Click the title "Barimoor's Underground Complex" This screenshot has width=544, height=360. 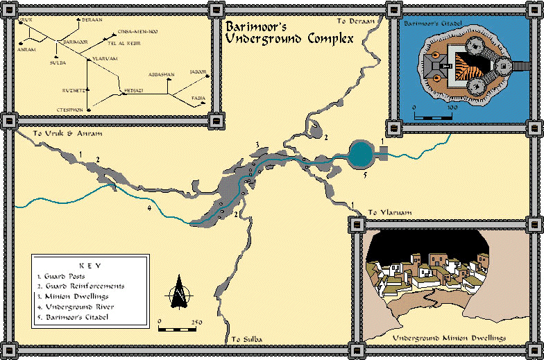(288, 33)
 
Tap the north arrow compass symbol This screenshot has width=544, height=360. (179, 291)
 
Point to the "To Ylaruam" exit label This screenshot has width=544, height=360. (385, 212)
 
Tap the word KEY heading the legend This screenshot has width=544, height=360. (90, 265)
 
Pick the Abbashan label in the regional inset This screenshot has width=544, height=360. (165, 74)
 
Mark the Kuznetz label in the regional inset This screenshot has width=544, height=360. (73, 90)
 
